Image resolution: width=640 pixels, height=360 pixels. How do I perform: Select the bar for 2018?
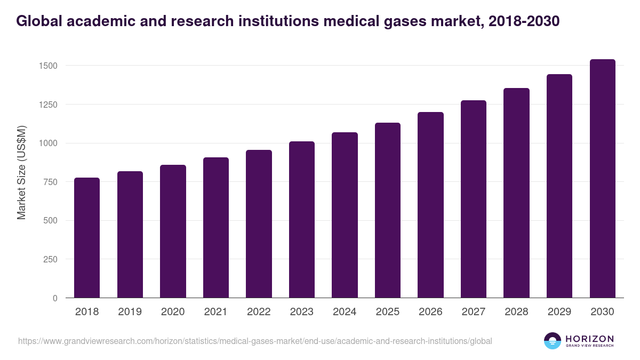click(87, 238)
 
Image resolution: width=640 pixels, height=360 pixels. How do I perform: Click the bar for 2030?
click(602, 179)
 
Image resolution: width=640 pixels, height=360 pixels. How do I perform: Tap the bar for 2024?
click(345, 215)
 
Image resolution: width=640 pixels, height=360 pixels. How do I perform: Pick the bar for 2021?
click(216, 228)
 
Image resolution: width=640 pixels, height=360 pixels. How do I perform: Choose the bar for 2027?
click(474, 199)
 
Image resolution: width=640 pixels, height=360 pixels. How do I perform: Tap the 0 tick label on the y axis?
click(55, 298)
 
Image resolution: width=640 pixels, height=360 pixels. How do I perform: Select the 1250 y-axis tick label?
click(47, 105)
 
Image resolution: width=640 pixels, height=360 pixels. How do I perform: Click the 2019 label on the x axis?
click(130, 312)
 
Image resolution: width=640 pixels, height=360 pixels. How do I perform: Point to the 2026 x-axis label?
click(430, 312)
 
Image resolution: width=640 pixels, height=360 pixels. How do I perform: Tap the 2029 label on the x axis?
click(559, 312)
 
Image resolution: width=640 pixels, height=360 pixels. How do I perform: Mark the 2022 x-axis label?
click(259, 312)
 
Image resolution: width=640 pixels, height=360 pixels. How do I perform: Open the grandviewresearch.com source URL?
click(255, 341)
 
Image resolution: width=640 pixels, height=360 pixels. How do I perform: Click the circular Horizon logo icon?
click(553, 341)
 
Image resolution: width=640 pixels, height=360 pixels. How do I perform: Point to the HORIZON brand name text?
click(589, 339)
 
